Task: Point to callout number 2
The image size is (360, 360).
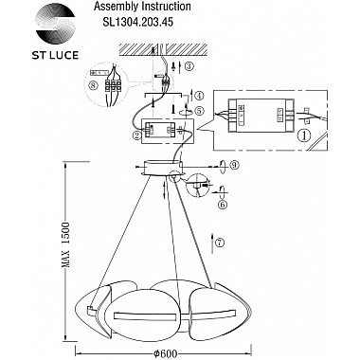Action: coord(137,135)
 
